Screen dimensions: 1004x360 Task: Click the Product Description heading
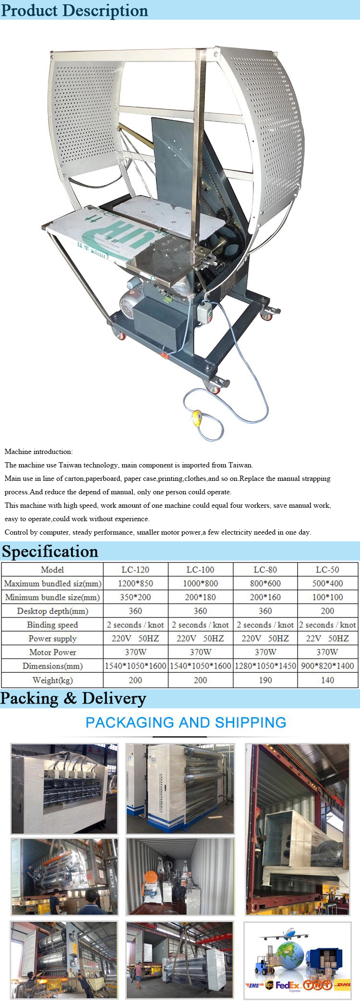pos(74,10)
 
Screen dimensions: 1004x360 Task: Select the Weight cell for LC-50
pos(327,680)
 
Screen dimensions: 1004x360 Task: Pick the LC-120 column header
pos(135,570)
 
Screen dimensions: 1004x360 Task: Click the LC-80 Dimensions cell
pos(265,666)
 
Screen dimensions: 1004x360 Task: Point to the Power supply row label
pos(52,638)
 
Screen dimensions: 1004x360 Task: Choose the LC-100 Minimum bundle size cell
pos(200,597)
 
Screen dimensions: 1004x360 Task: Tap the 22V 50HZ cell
pos(327,638)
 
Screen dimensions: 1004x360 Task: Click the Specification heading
pos(50,551)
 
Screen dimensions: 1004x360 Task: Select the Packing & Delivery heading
pos(73,698)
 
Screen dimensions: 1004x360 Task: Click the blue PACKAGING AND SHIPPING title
pos(186,722)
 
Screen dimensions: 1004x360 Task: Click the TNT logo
pos(317,985)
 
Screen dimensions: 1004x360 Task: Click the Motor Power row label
pos(52,652)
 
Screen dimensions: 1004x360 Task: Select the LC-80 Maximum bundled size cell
pos(265,584)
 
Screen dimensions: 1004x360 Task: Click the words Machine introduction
pos(38,452)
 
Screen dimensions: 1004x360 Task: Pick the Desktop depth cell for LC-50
pos(327,611)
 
